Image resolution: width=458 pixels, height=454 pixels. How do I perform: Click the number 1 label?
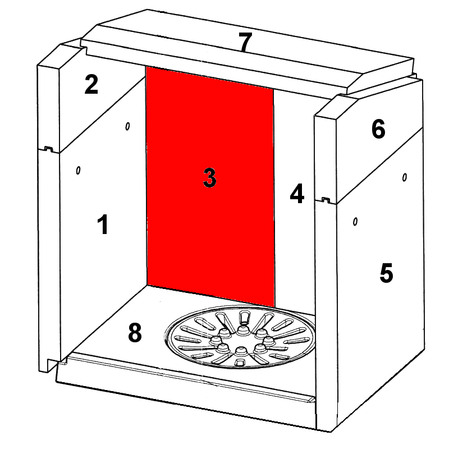coord(103,224)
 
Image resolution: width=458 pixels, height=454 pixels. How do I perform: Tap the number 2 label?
coord(91,84)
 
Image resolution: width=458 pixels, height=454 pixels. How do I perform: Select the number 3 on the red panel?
coord(210,177)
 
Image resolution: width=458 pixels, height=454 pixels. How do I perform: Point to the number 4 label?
coord(297,193)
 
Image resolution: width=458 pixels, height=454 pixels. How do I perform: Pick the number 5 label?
coord(386,273)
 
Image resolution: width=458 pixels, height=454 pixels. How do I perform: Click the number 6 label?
coord(378,129)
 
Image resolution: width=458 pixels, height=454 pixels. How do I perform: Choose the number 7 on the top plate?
coord(245,42)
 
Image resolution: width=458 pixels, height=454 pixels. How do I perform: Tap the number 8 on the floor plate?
coord(135,333)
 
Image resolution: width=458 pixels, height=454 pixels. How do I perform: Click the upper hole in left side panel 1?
coord(127,126)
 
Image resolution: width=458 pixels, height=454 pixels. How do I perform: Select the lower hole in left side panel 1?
coord(78,170)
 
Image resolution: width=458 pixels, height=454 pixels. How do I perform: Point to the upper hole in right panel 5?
coord(405,177)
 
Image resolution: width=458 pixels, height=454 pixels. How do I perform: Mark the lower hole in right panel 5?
coord(355,222)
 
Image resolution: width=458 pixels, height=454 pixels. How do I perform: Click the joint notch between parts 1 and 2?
coord(48,149)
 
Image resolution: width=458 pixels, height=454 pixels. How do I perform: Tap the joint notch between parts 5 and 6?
coord(326,200)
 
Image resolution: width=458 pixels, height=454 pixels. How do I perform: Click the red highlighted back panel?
coord(210,187)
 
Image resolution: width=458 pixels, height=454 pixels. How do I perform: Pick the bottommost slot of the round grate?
coord(240,363)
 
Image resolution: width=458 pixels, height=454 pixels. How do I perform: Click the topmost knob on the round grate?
coord(241,330)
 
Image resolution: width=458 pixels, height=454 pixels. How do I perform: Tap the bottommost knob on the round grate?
coord(241,351)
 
